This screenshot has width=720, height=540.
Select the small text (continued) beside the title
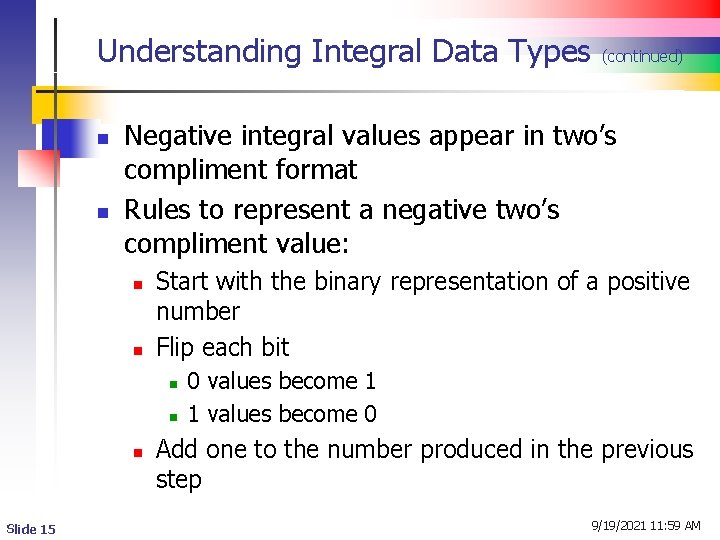pyautogui.click(x=642, y=57)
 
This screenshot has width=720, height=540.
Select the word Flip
pyautogui.click(x=176, y=347)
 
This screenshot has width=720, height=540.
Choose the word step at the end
pyautogui.click(x=179, y=480)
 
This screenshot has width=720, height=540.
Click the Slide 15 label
pyautogui.click(x=31, y=528)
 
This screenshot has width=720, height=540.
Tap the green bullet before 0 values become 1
pyautogui.click(x=172, y=383)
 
